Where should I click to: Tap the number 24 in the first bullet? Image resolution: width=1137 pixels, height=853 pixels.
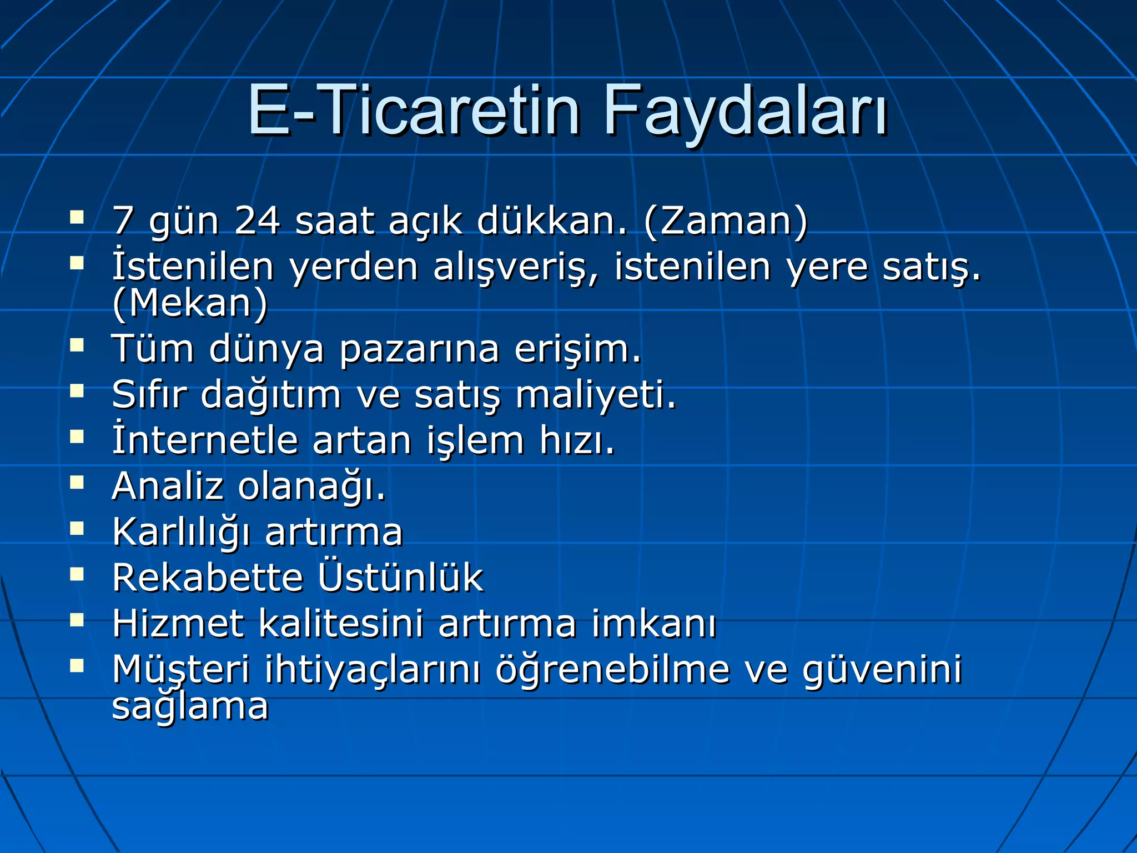[256, 221]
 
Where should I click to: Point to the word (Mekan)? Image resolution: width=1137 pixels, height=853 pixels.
[190, 303]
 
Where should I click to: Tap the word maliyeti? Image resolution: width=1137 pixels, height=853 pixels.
[596, 395]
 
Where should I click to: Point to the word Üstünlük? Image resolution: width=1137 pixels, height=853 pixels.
[400, 578]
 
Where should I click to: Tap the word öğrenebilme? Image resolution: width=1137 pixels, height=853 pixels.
[612, 669]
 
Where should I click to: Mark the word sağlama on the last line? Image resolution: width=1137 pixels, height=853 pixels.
[190, 706]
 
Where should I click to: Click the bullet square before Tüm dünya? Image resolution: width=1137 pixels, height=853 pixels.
[77, 347]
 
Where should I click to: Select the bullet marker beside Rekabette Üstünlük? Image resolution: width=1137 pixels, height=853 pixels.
[77, 574]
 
